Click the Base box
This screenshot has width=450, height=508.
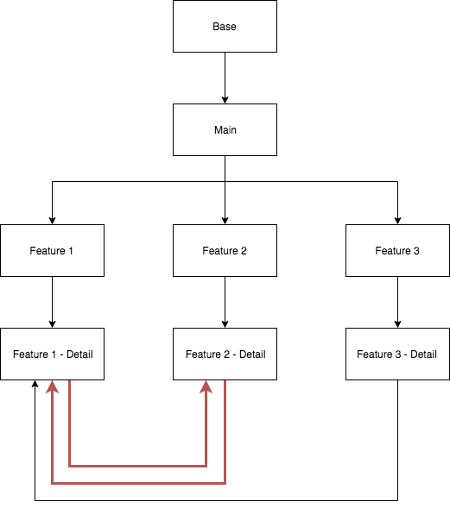click(225, 27)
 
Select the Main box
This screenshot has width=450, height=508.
click(225, 130)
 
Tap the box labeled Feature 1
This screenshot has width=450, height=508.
click(52, 251)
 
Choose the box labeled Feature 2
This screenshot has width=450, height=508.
click(225, 251)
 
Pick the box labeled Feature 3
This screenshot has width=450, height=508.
click(397, 251)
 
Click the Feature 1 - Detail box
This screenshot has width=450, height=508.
click(52, 354)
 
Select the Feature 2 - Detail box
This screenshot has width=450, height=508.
click(225, 354)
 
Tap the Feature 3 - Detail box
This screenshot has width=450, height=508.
click(397, 354)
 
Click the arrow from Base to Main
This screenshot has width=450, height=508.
click(225, 78)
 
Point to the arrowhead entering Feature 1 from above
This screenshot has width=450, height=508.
click(52, 219)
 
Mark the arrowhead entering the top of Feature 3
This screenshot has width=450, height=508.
click(397, 219)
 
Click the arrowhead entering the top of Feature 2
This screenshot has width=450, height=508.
click(225, 219)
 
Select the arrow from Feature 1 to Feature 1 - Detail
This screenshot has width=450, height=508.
click(52, 302)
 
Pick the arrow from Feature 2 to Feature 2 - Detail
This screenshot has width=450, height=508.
click(225, 302)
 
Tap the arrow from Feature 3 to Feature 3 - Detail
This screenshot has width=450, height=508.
click(397, 302)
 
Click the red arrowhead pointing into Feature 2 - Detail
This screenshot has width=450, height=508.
click(206, 388)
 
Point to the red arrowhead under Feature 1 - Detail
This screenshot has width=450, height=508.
click(53, 388)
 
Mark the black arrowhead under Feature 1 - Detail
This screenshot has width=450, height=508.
click(35, 386)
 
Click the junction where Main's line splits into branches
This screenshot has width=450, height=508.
click(225, 182)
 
